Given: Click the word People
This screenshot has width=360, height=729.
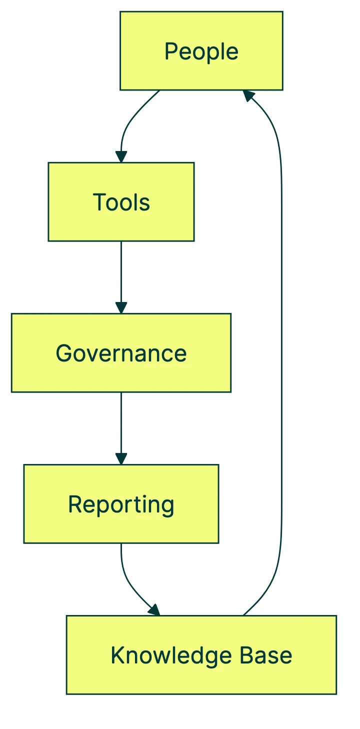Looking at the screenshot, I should tap(201, 51).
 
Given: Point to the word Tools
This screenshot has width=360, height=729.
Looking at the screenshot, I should tap(121, 202).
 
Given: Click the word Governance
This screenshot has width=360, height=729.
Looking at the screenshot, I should tap(121, 353).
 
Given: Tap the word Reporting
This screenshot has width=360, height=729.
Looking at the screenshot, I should tap(121, 504).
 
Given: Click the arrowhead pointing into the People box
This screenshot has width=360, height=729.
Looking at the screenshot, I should tap(248, 96).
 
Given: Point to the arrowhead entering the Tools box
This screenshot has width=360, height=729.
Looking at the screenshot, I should tap(121, 156).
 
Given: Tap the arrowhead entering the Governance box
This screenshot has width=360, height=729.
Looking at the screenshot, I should tap(121, 307).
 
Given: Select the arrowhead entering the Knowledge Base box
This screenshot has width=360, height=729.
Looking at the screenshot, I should tap(154, 610).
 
